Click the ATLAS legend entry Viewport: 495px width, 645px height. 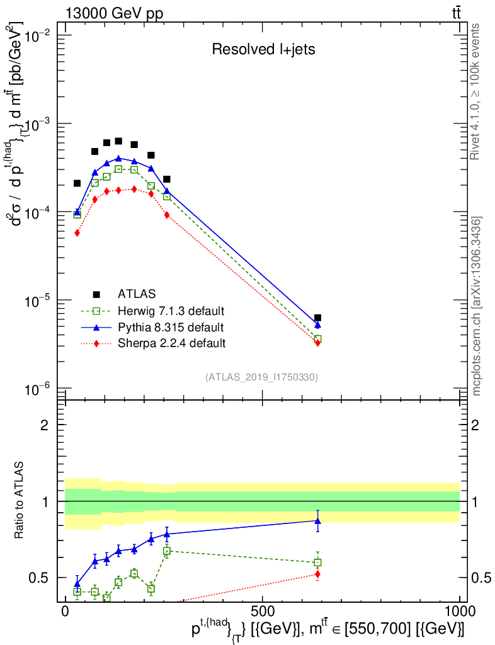(135, 294)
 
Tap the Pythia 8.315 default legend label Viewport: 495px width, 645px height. (170, 327)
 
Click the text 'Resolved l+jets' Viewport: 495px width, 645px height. (263, 50)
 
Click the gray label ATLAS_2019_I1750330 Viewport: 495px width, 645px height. (261, 377)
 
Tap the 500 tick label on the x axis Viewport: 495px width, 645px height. (262, 612)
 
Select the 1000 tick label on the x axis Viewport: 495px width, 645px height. (459, 612)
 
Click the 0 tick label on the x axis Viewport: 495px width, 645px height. (65, 612)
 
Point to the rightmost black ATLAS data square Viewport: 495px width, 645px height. (317, 318)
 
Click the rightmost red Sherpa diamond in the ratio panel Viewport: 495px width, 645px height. (317, 574)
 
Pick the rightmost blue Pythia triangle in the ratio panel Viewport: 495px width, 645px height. (317, 521)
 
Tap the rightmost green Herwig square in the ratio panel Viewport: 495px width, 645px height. (317, 562)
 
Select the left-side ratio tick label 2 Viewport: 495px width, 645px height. (45, 425)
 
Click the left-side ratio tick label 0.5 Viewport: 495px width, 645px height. (40, 578)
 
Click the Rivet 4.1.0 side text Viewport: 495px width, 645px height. (477, 91)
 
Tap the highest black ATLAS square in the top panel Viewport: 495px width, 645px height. (118, 141)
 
